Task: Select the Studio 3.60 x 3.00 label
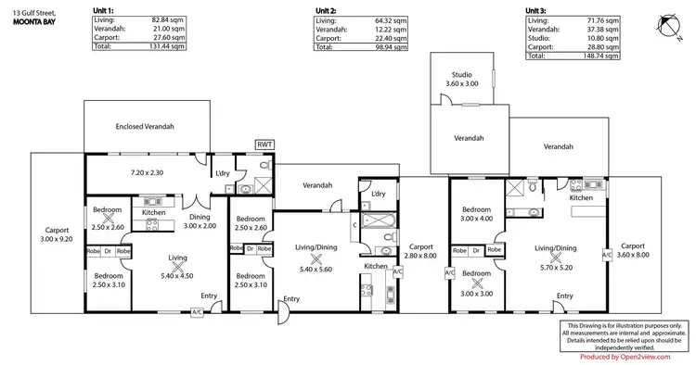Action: click(462, 79)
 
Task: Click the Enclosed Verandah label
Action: click(145, 126)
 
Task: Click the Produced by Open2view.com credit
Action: click(626, 357)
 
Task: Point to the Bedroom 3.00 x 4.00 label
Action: click(476, 214)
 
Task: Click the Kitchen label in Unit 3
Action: click(581, 197)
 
